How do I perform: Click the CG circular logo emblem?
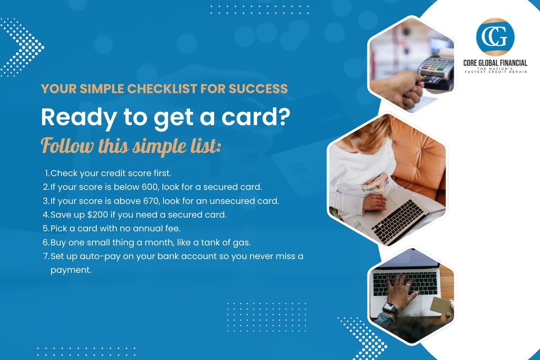pos(495,37)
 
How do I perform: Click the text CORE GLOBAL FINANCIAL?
pos(495,63)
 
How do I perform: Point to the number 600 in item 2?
pos(150,187)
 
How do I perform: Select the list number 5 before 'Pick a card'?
pos(46,229)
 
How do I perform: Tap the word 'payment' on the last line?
pos(71,270)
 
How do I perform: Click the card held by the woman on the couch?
pos(371,188)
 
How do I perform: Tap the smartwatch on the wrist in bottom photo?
pos(390,309)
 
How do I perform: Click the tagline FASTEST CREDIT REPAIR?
pos(496,72)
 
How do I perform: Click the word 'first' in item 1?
pos(162,173)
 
